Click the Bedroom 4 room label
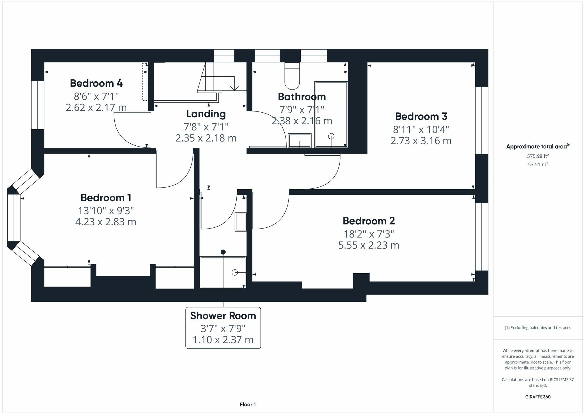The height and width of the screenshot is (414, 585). pyautogui.click(x=96, y=83)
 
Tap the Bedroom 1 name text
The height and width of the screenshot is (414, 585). pyautogui.click(x=106, y=198)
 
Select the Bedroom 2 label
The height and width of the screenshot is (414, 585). pyautogui.click(x=369, y=221)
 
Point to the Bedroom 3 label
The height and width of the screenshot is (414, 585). pyautogui.click(x=421, y=116)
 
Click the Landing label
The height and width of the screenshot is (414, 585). pyautogui.click(x=206, y=114)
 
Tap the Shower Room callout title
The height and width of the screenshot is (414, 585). pyautogui.click(x=223, y=316)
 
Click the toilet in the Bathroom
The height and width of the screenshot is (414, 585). pyautogui.click(x=292, y=76)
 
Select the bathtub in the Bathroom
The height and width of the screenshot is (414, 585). pyautogui.click(x=331, y=114)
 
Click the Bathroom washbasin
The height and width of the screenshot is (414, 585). pyautogui.click(x=300, y=140)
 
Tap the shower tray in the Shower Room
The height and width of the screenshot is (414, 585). pyautogui.click(x=223, y=272)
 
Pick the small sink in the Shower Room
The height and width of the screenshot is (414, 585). pyautogui.click(x=241, y=222)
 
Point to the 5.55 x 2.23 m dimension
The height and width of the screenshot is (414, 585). pyautogui.click(x=369, y=245)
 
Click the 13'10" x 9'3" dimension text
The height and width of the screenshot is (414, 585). pyautogui.click(x=106, y=210)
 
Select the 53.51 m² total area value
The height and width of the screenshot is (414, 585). pyautogui.click(x=538, y=164)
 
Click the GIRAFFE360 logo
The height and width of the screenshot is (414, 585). pyautogui.click(x=538, y=397)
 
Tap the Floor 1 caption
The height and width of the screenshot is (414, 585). pyautogui.click(x=248, y=405)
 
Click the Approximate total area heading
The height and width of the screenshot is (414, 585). pyautogui.click(x=538, y=147)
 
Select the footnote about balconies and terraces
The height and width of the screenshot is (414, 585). pyautogui.click(x=538, y=328)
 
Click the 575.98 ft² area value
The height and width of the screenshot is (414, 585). pyautogui.click(x=538, y=156)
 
